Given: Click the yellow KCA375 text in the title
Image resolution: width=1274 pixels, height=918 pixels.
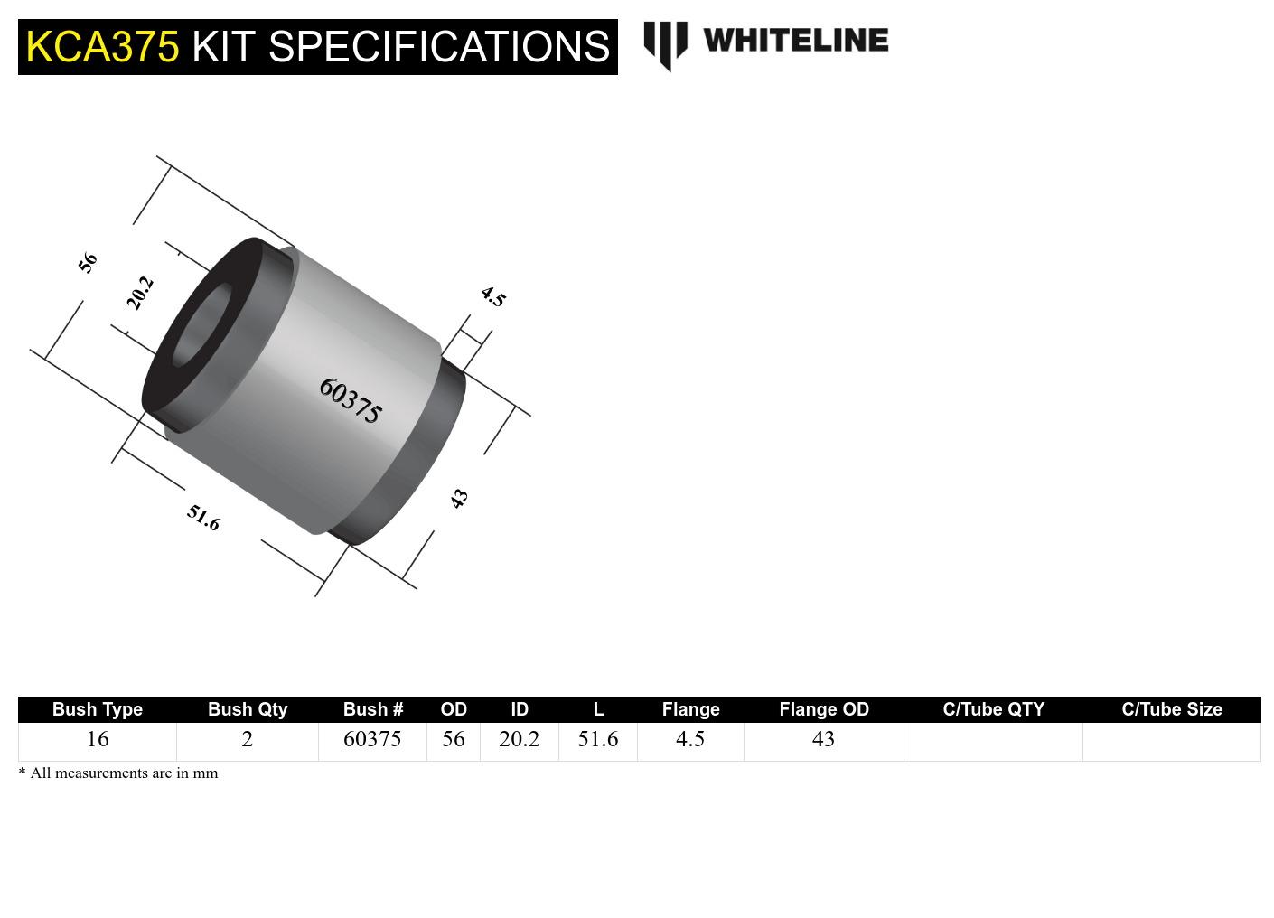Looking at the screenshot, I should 102,46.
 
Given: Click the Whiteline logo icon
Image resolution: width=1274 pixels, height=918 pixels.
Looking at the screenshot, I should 665,43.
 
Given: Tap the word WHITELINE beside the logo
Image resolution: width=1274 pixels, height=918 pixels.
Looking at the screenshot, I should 795,40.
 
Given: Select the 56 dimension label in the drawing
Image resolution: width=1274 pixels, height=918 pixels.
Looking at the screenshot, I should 88,263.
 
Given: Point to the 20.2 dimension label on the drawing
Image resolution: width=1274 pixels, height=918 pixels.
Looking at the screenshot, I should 140,294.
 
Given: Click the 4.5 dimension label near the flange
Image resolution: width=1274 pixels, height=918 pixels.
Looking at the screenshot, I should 493,296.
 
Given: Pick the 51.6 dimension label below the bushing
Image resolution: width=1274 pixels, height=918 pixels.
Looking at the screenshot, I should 203,518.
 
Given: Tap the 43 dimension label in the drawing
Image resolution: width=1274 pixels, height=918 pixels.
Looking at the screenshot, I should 459,498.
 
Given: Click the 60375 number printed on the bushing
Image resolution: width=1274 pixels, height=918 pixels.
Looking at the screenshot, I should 351,400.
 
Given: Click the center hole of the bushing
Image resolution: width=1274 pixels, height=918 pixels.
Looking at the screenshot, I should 201,326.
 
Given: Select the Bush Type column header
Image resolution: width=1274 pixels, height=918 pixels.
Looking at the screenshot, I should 98,709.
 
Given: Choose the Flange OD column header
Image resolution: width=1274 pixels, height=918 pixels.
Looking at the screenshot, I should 823,709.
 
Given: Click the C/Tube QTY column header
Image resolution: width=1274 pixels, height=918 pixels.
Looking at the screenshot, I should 993,709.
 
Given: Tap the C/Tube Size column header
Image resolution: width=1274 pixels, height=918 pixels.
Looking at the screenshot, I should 1171,709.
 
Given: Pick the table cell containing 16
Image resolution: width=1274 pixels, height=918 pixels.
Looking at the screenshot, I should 98,739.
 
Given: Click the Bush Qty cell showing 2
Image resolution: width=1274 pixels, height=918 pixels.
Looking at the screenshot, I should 247,739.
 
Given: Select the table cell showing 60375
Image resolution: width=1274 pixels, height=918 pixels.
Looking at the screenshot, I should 372,739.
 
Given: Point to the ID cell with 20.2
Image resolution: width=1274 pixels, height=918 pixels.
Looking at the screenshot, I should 519,739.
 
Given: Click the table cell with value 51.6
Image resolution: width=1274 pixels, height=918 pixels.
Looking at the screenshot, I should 597,739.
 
